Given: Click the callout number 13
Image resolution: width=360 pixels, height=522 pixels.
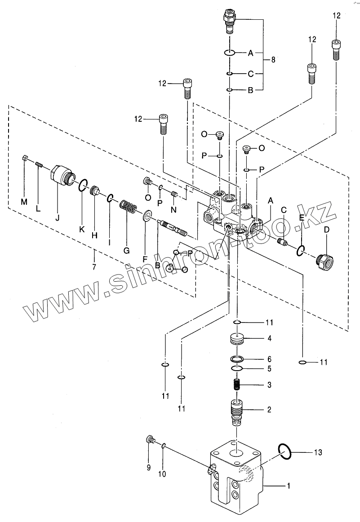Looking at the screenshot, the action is click(318, 452).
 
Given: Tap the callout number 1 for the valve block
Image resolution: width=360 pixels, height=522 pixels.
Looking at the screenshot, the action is click(289, 486).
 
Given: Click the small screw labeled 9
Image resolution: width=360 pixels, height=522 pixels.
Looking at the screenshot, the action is click(149, 440).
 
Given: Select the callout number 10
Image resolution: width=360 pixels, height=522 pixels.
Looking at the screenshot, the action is click(162, 473).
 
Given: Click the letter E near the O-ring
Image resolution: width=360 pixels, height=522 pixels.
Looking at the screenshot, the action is click(302, 218).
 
